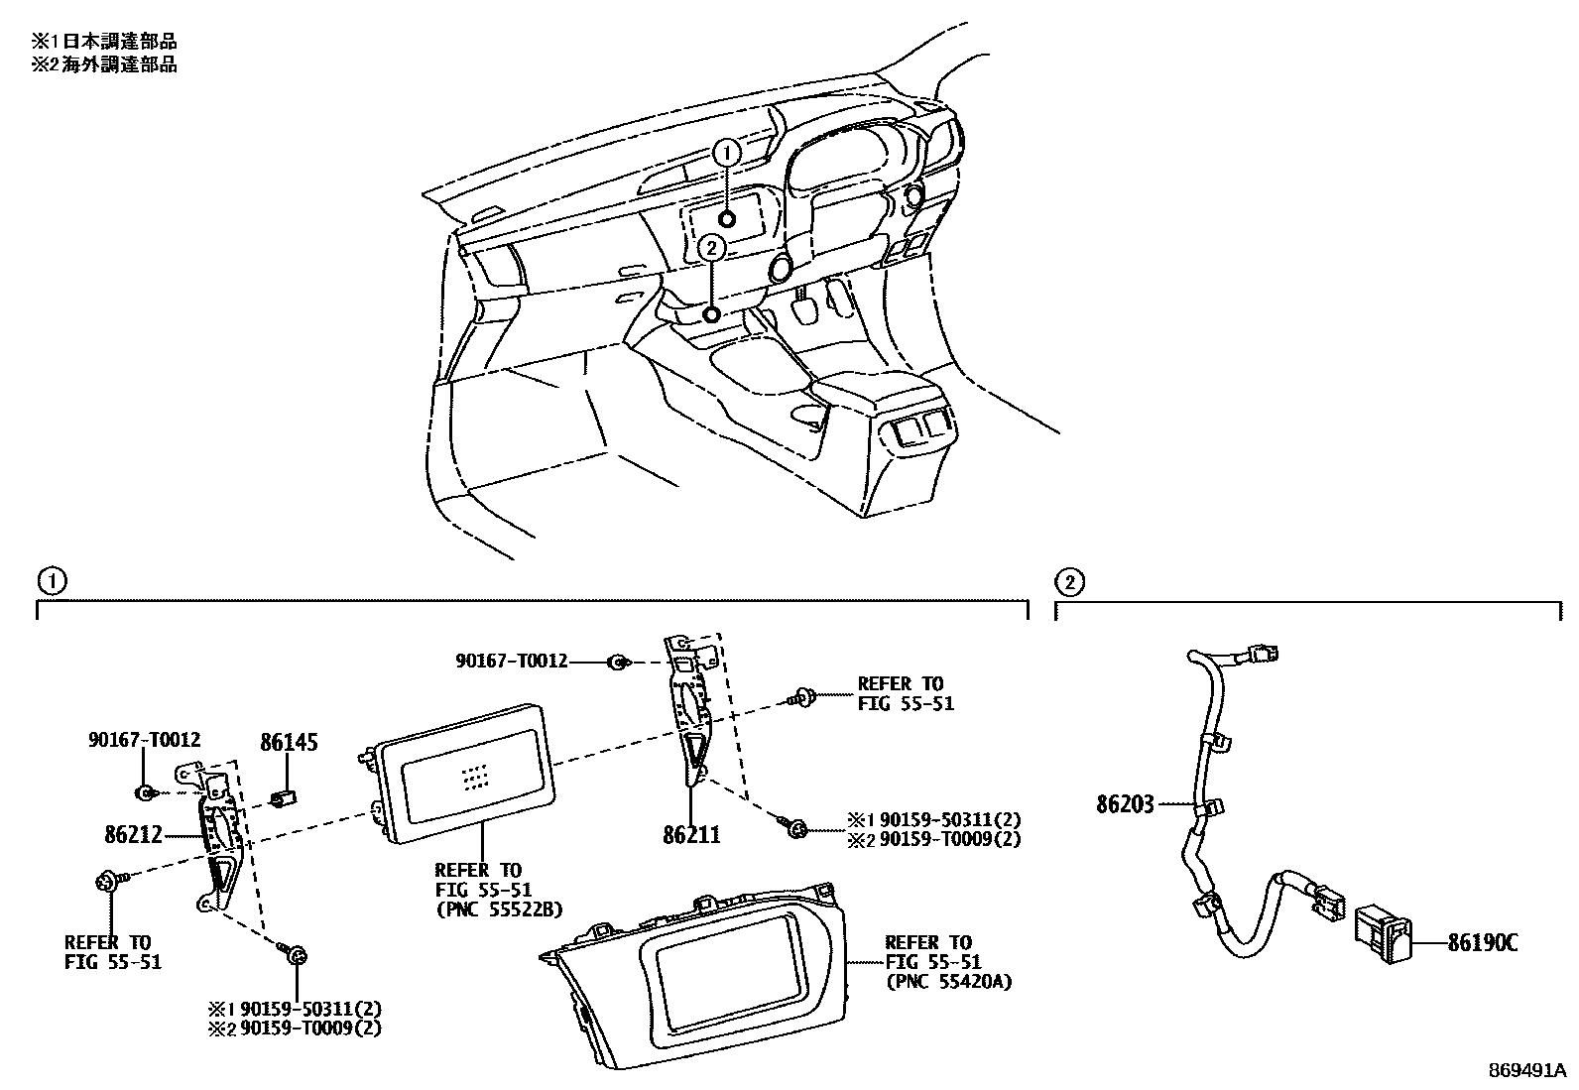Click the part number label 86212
tap(133, 835)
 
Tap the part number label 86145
tap(289, 742)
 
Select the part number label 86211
tap(691, 835)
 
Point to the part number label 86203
tap(1125, 804)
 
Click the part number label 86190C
tap(1482, 942)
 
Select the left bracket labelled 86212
tap(220, 833)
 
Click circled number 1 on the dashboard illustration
tap(727, 153)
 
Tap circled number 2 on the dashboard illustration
tap(710, 248)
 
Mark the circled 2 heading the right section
tap(1069, 581)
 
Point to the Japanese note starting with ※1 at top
tap(104, 42)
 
